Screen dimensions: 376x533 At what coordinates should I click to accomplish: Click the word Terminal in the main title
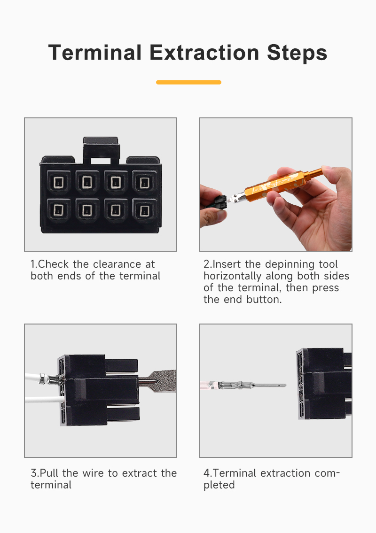(x=95, y=53)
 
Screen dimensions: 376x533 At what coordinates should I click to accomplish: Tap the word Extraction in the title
(x=204, y=53)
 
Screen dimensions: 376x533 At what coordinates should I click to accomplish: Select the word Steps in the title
(x=297, y=54)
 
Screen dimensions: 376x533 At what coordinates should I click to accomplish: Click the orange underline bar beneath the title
(x=188, y=82)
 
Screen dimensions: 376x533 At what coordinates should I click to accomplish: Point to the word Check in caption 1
(x=54, y=264)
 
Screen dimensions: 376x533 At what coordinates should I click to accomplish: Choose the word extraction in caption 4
(x=285, y=473)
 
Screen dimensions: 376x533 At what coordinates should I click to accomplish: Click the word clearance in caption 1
(x=117, y=264)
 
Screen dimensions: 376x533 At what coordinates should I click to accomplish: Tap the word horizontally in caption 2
(x=232, y=276)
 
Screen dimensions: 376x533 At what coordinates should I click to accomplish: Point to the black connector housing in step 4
(x=324, y=384)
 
